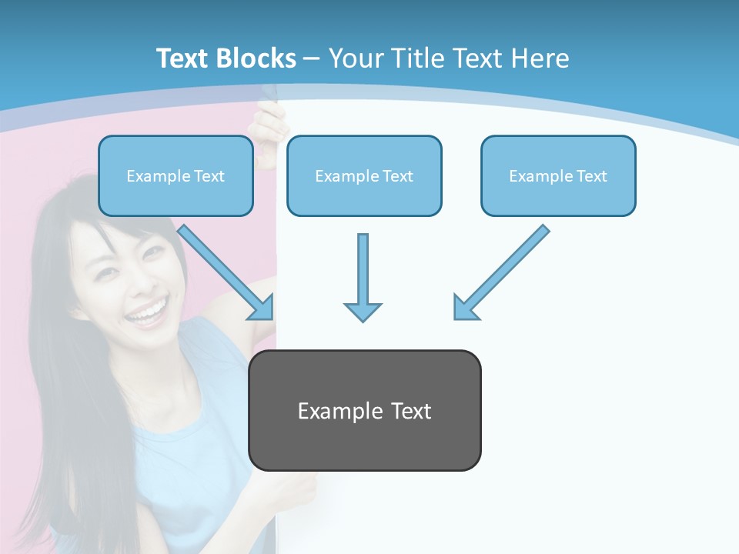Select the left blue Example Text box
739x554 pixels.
tap(176, 175)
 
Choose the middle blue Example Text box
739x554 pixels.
tap(364, 175)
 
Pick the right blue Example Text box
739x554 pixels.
tap(558, 175)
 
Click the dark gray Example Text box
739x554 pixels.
tap(364, 410)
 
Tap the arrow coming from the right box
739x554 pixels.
tap(504, 269)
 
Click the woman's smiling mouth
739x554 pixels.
tap(147, 312)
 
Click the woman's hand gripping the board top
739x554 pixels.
tap(269, 127)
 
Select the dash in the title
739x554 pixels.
tap(312, 58)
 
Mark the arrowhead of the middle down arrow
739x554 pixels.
tap(363, 311)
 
